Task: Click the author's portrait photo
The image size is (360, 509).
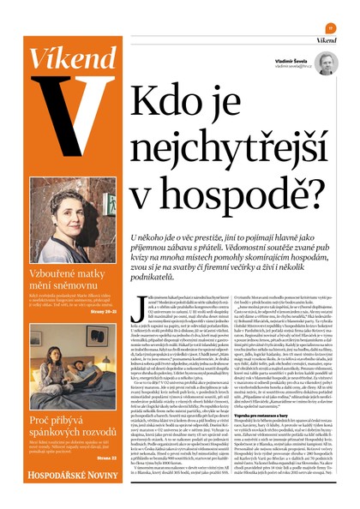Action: [x=326, y=63]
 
